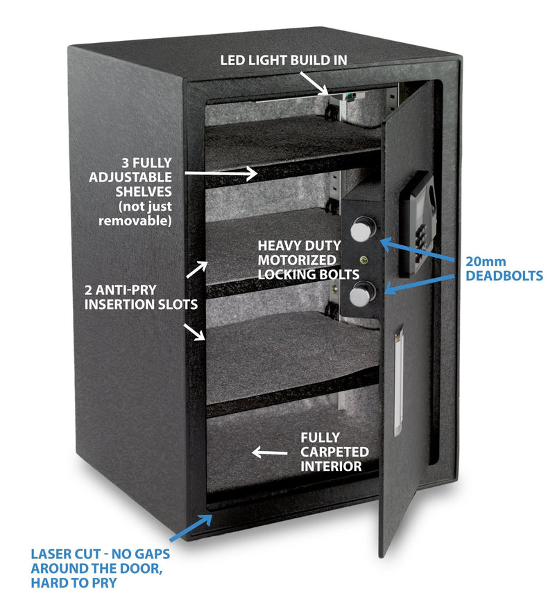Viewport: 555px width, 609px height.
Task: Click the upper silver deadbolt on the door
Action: point(361,229)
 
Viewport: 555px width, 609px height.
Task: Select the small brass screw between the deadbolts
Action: point(361,261)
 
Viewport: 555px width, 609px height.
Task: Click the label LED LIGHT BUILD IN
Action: point(284,60)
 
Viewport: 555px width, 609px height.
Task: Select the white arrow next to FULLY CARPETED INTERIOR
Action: point(270,452)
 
